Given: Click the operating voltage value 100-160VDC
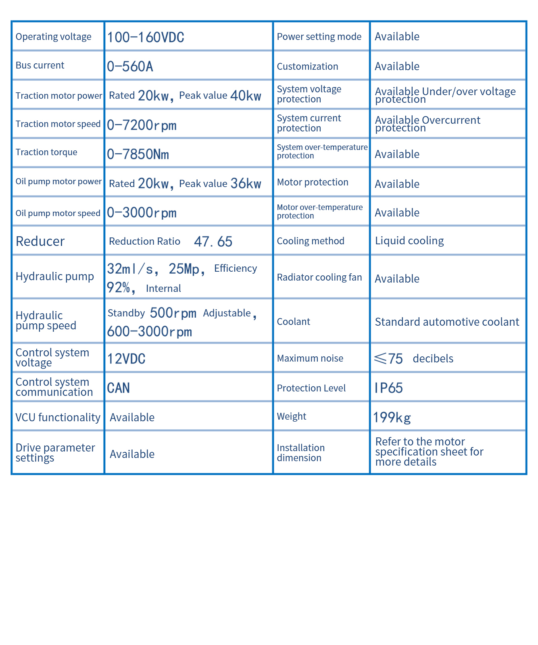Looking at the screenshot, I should coord(146,37).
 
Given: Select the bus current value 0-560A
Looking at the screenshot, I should coord(130,67).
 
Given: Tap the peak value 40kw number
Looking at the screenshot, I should coord(246,96).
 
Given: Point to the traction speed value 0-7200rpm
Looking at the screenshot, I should coord(142,125).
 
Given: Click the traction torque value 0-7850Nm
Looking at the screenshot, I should coord(138,154).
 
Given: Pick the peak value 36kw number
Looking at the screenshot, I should coord(246,184).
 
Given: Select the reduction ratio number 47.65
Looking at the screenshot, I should coord(213,242).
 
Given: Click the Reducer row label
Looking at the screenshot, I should coord(40,241).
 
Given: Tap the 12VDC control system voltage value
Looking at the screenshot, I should coord(126,359).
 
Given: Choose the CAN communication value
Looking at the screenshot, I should coord(118,388).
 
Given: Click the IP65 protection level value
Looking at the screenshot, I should coord(389,388).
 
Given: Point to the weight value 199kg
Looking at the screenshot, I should coord(392,418).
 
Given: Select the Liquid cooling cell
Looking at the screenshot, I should coord(409,241).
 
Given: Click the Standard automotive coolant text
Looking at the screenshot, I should coord(447,322).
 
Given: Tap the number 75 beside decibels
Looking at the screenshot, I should coord(395,359).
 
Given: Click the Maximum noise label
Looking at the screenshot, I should coord(310,358).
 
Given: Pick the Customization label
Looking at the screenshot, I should coord(307,67).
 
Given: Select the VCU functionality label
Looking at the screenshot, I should coord(58,418).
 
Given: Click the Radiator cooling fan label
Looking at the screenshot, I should coord(319,277).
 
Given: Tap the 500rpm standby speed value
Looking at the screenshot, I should coord(173,313).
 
